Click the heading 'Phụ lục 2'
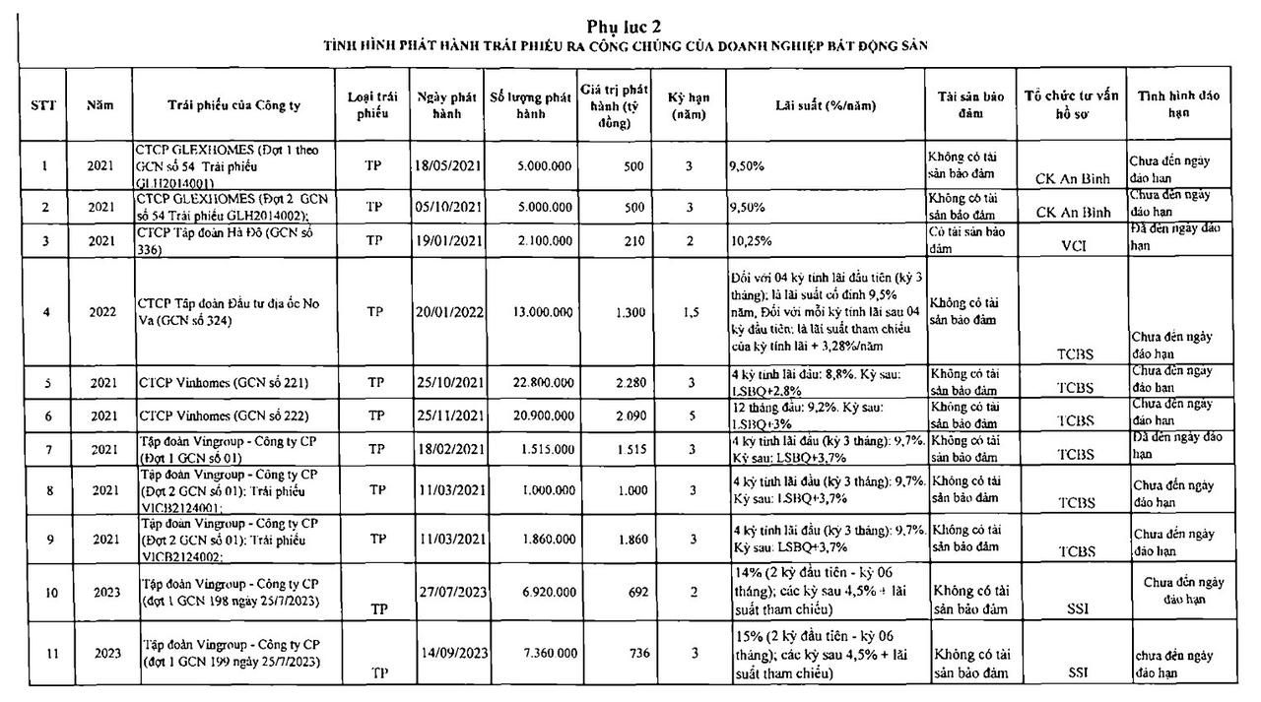(630, 26)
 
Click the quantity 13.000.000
(531, 312)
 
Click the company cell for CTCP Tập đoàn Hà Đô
(233, 239)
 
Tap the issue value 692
(637, 593)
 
